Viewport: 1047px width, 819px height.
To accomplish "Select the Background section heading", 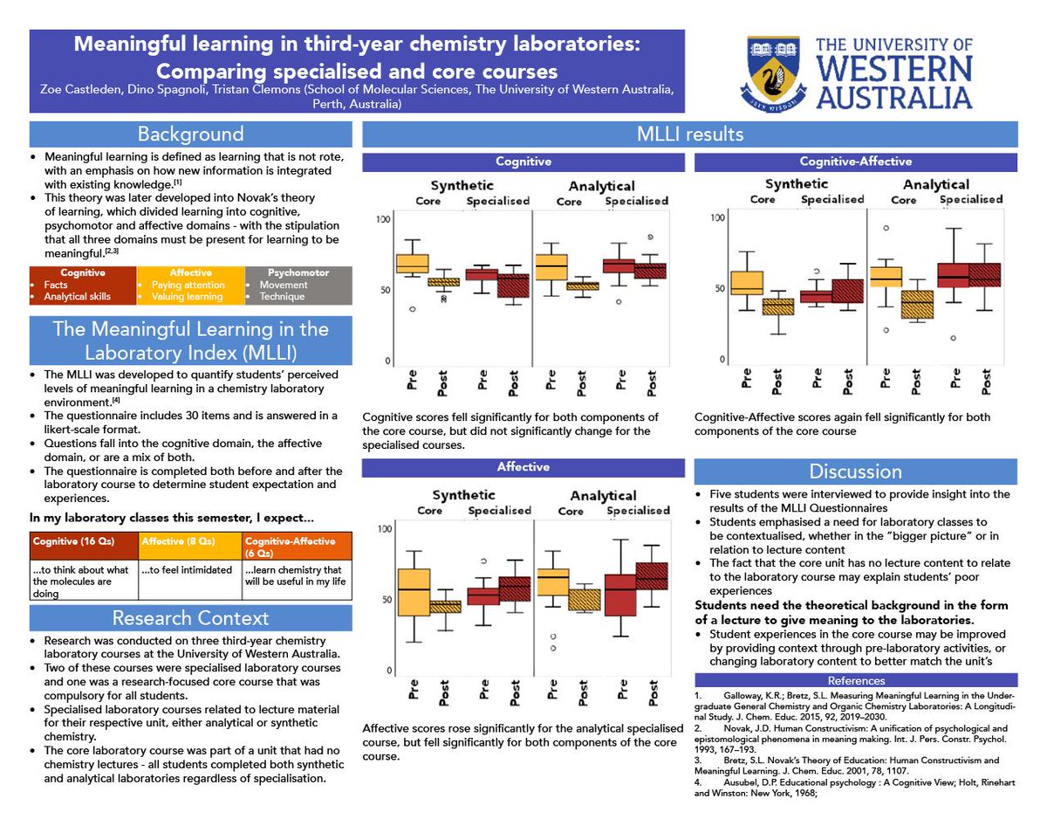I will coord(190,134).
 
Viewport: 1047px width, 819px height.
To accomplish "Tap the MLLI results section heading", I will coord(688,134).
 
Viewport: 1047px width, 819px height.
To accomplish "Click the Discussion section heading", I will coord(855,471).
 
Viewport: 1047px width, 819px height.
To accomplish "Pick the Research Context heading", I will coord(190,618).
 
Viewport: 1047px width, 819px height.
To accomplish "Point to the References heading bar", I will coord(855,681).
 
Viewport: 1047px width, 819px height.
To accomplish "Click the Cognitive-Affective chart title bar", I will coord(855,162).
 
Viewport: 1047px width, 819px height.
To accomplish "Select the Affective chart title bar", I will coord(523,467).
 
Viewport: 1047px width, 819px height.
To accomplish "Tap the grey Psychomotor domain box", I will coord(298,285).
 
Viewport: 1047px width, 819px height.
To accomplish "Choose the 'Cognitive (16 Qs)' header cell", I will coord(84,541).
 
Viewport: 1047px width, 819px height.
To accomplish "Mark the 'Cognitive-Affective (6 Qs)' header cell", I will coord(297,547).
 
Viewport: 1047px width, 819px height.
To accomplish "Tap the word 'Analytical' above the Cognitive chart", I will coord(601,186).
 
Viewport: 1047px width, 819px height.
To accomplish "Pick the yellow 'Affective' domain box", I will coord(190,285).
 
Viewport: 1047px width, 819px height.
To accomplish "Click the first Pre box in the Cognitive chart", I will coord(412,263).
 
